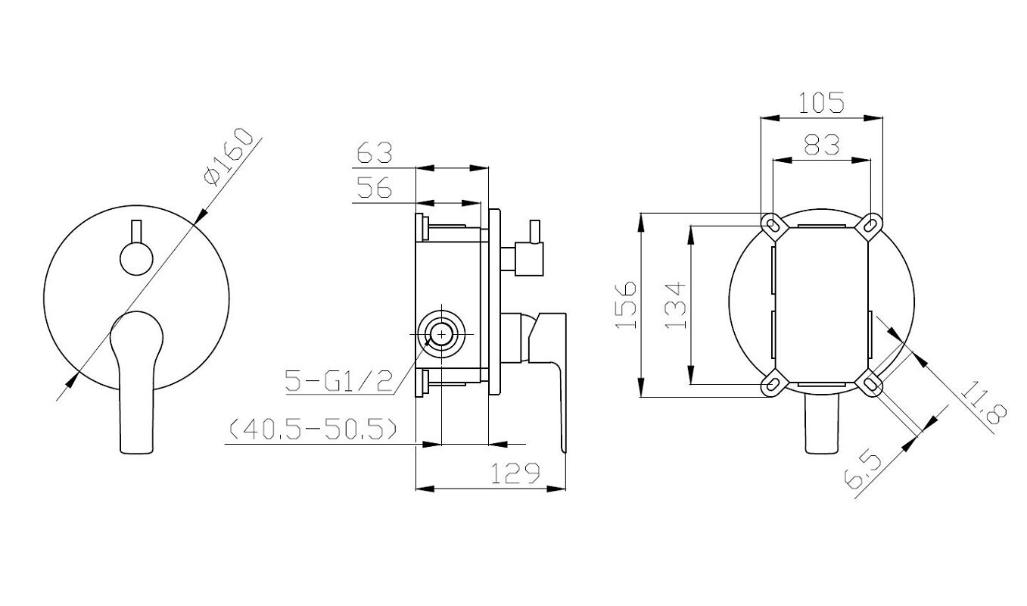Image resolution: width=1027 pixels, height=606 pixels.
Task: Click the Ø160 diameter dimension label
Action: [x=229, y=158]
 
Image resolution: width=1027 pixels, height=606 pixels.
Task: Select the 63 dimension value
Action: [x=375, y=153]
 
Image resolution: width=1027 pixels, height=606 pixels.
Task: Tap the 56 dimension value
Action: [x=375, y=187]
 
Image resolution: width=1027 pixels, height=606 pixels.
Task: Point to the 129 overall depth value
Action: [x=516, y=473]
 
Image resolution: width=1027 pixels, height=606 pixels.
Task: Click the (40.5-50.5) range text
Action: [x=313, y=430]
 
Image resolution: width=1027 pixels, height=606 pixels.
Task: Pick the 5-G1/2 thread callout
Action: [x=339, y=381]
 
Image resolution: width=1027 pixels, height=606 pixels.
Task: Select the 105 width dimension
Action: [x=821, y=102]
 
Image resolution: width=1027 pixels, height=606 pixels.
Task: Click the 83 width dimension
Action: [x=822, y=145]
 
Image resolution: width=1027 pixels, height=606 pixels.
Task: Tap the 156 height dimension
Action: [x=626, y=305]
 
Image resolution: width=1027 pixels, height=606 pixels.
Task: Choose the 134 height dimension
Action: [x=675, y=305]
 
